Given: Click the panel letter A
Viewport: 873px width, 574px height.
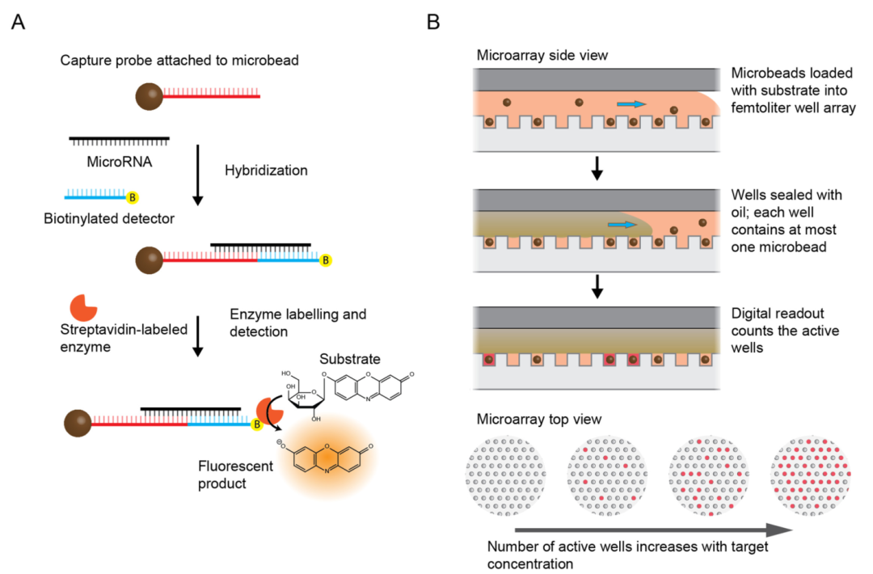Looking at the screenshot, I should (x=19, y=22).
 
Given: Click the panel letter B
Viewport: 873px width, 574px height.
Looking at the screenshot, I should (x=433, y=22).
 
